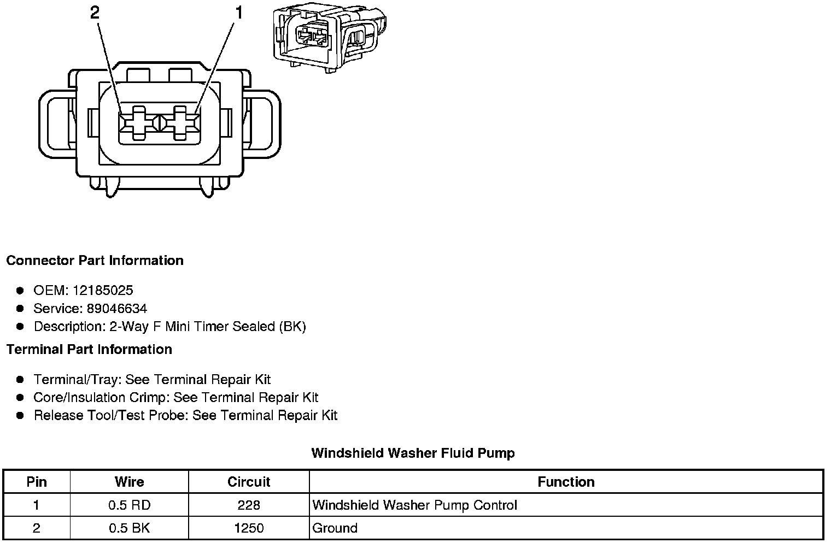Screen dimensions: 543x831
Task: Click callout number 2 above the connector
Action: (x=95, y=13)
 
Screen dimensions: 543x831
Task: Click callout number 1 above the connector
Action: (x=238, y=13)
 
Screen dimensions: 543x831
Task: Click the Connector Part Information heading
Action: (x=95, y=261)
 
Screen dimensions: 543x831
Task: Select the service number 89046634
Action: (x=116, y=309)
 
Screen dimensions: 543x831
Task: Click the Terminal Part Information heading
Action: (x=89, y=350)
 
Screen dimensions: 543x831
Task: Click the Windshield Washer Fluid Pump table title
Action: (x=413, y=453)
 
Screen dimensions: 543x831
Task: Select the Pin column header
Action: (x=37, y=482)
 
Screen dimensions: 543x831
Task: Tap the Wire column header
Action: (x=130, y=482)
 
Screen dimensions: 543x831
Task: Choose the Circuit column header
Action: (x=249, y=482)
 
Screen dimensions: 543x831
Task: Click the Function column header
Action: (x=566, y=482)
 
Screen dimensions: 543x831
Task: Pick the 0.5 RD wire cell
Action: (x=130, y=505)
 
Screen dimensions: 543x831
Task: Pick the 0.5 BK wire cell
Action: (x=130, y=528)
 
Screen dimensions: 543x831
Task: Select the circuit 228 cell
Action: (x=249, y=505)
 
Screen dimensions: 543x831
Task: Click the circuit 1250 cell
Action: (x=249, y=528)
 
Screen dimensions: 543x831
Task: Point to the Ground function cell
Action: (x=335, y=528)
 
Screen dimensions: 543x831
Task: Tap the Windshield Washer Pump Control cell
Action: (x=414, y=505)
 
